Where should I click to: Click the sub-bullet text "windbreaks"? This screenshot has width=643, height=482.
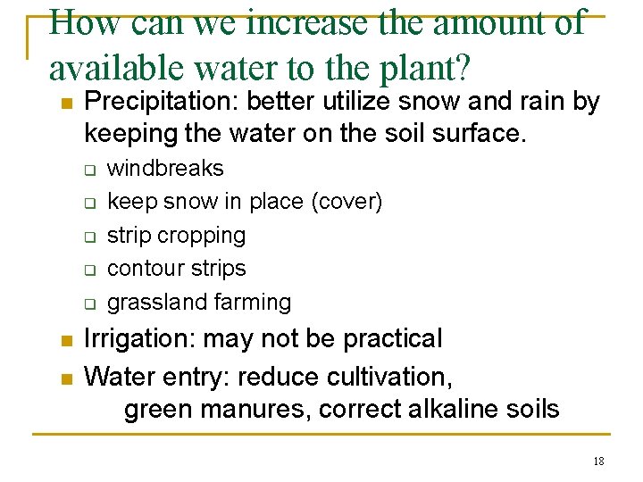(165, 169)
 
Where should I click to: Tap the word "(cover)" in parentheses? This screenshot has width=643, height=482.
(347, 203)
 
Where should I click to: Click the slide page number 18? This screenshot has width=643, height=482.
(597, 461)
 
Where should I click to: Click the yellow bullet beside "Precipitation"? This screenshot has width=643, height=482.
(63, 104)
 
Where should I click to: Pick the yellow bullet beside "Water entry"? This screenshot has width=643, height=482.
(63, 378)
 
